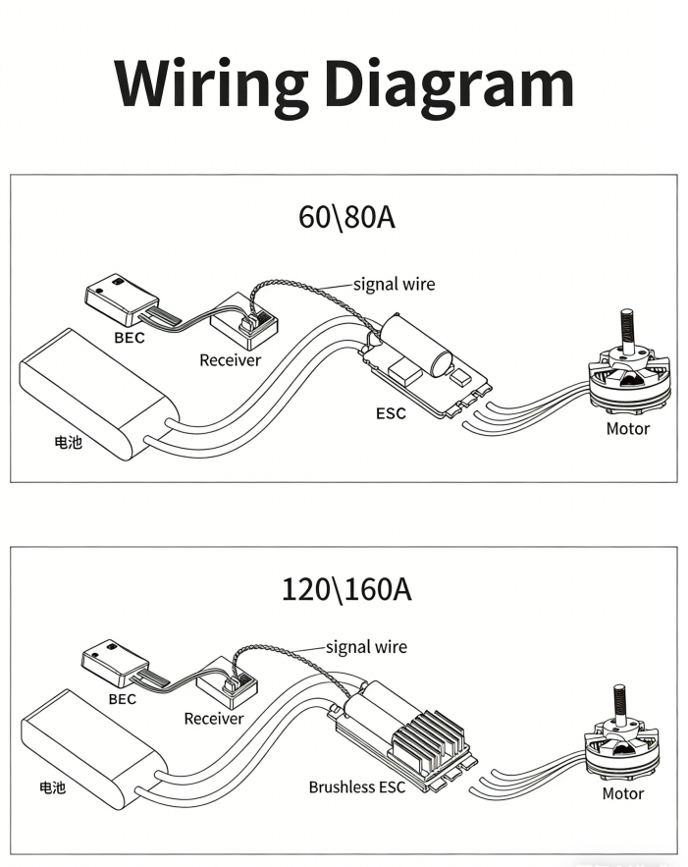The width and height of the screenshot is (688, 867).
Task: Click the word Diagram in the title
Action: [x=449, y=86]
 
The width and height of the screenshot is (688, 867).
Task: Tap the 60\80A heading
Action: [x=346, y=216]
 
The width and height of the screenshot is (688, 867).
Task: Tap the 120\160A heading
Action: [x=346, y=590]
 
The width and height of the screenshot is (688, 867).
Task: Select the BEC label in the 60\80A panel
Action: [x=129, y=338]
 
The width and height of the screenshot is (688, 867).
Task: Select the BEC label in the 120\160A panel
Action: [x=122, y=699]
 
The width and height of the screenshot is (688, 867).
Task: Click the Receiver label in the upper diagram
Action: [x=231, y=360]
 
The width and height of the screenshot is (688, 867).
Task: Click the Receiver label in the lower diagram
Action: [x=214, y=719]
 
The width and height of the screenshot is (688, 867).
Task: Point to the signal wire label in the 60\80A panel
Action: [x=394, y=285]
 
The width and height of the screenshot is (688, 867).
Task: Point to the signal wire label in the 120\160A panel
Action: [x=366, y=647]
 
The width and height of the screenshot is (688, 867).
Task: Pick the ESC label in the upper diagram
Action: [x=391, y=412]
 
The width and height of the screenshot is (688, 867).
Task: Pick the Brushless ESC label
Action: [x=356, y=786]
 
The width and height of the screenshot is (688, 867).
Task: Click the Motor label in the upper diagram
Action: [x=628, y=428]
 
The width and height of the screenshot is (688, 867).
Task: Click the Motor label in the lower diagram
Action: [x=623, y=793]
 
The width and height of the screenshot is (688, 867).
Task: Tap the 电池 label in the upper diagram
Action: [x=68, y=442]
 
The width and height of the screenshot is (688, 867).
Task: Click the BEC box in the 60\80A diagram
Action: [x=121, y=298]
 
